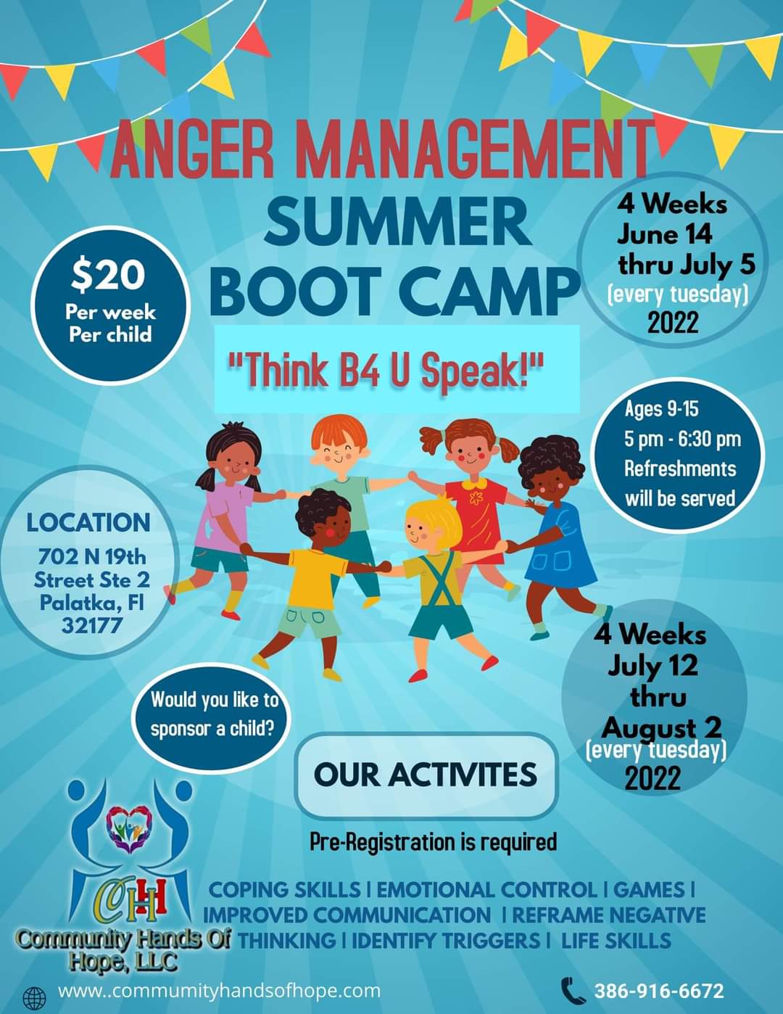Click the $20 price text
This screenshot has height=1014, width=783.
[108, 275]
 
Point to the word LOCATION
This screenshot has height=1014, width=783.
[88, 523]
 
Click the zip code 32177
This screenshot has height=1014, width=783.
[92, 625]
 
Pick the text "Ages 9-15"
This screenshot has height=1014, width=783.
[661, 409]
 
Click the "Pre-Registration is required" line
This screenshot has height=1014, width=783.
[434, 842]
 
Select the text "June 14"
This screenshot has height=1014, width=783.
[665, 234]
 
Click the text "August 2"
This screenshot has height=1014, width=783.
[662, 728]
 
